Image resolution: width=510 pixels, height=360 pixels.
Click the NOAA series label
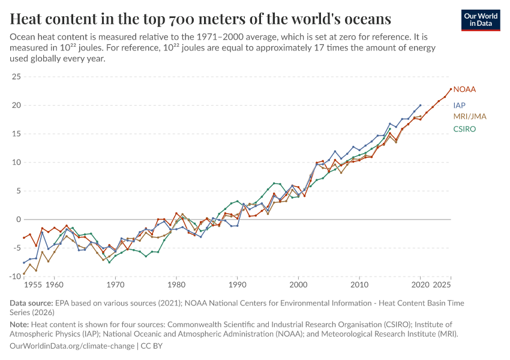(x=464, y=89)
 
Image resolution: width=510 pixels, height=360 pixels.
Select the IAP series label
(x=460, y=104)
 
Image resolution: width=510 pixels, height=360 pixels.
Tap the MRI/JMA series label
(x=469, y=116)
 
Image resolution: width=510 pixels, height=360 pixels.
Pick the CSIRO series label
(x=464, y=129)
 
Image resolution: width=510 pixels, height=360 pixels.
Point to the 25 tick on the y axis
(x=16, y=77)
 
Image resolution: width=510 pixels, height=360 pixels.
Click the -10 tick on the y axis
(x=15, y=277)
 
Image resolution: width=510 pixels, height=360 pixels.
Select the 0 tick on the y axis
(x=18, y=220)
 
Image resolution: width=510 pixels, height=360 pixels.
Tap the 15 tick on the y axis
(x=16, y=134)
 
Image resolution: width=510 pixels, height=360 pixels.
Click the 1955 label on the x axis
(x=33, y=285)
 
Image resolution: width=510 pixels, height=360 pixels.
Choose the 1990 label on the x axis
(x=238, y=285)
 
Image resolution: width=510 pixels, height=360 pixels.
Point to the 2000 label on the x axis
(x=298, y=285)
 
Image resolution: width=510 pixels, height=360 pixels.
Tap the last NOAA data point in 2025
(x=451, y=89)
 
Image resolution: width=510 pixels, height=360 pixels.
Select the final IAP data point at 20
(x=420, y=105)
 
